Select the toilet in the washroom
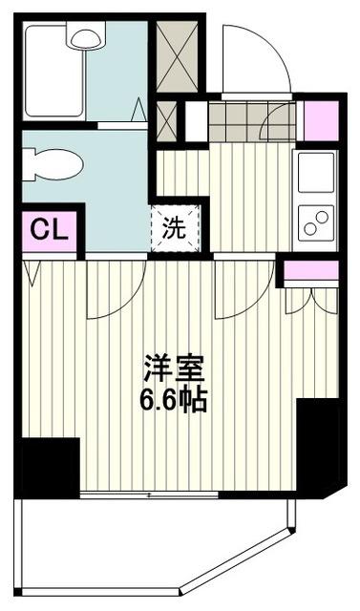(x=46, y=163)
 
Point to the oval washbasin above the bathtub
(x=83, y=37)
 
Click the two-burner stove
(x=314, y=224)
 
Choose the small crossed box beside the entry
(x=166, y=120)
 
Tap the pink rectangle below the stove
(x=310, y=270)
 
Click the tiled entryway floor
(x=250, y=121)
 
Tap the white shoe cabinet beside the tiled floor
(x=195, y=120)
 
